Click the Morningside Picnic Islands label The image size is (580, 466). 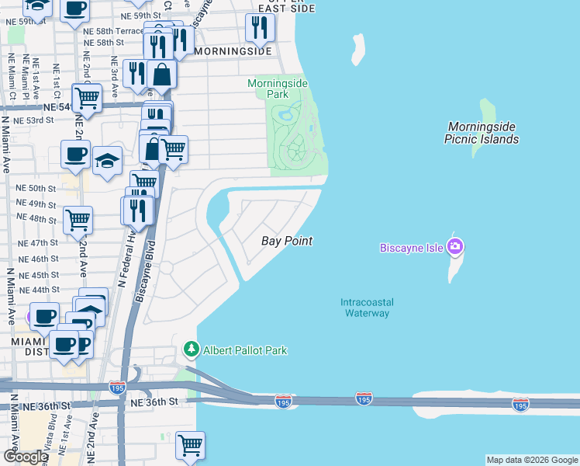pos(482,133)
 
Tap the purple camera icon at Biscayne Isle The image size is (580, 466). pos(454,248)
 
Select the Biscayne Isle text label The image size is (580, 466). pos(410,249)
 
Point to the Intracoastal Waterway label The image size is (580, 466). pos(364,308)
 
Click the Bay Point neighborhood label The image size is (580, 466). pos(286,242)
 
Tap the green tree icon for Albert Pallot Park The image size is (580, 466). pos(191,350)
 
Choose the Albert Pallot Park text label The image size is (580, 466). pos(245,350)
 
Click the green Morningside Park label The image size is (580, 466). pos(278,89)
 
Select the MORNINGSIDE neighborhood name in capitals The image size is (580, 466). pos(233,51)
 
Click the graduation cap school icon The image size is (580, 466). pos(107,161)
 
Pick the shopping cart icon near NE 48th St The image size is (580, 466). pos(78,220)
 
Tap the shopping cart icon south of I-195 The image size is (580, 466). pos(189,446)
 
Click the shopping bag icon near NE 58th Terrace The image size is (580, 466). pos(163,75)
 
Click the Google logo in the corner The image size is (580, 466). pos(26,457)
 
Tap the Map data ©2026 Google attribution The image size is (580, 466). pos(531,460)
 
